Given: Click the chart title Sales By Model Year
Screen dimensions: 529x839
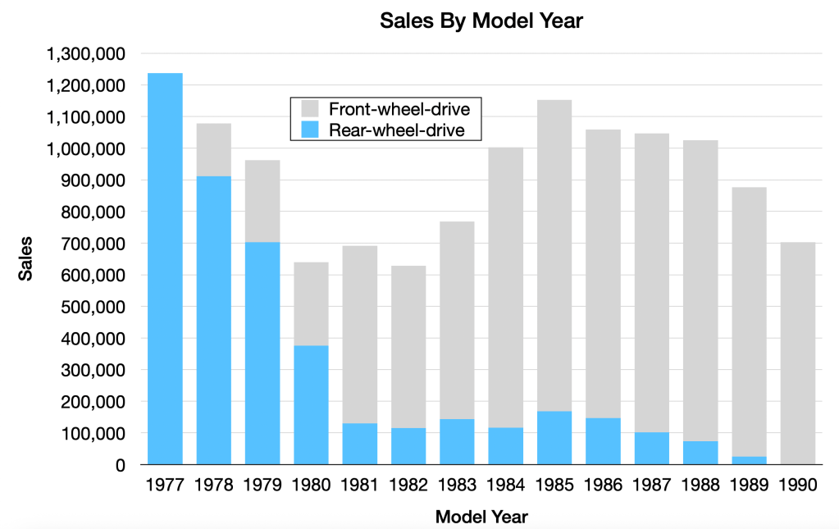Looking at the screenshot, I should pyautogui.click(x=481, y=21).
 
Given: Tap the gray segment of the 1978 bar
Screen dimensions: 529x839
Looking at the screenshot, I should pyautogui.click(x=213, y=150).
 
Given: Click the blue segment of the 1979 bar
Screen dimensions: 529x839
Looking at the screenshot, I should pyautogui.click(x=262, y=353).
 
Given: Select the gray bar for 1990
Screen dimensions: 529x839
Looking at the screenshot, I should pyautogui.click(x=798, y=353).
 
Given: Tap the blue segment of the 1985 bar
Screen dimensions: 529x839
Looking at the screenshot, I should pyautogui.click(x=554, y=438).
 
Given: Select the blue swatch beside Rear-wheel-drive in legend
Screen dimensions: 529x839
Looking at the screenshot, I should pyautogui.click(x=310, y=130).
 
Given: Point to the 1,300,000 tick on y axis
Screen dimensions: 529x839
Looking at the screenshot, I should pyautogui.click(x=86, y=54).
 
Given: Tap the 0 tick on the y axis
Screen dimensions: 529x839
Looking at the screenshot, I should pyautogui.click(x=120, y=465).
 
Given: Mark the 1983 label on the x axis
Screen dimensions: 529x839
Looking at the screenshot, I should pyautogui.click(x=457, y=485).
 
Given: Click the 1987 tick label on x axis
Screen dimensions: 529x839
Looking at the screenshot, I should pyautogui.click(x=652, y=485).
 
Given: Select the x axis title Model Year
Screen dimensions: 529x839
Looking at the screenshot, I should pyautogui.click(x=481, y=517).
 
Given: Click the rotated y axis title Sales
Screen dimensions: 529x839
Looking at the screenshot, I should pyautogui.click(x=26, y=259).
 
